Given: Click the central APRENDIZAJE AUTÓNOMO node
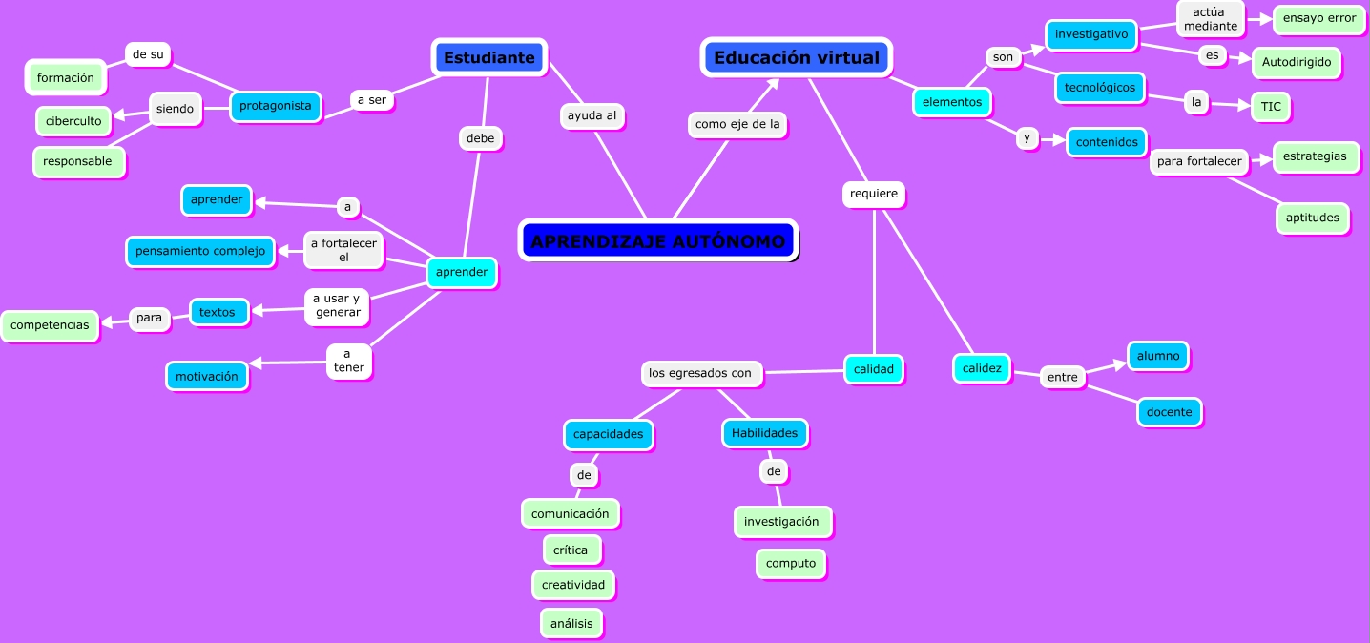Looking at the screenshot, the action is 658,240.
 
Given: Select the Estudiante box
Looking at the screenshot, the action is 489,57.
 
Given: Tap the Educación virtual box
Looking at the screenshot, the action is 797,57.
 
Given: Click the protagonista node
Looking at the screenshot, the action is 275,106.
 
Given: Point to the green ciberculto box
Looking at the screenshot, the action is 73,121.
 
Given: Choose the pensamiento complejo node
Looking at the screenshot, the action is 200,252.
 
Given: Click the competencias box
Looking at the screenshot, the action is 50,325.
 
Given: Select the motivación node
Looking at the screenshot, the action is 207,376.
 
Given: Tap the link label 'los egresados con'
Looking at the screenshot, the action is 700,373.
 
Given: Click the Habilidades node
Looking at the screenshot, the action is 764,433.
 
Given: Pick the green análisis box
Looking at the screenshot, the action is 571,623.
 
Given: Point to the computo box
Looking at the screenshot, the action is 791,564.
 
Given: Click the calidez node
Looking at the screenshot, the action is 982,368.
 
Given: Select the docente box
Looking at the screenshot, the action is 1170,412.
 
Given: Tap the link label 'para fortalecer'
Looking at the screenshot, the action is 1199,161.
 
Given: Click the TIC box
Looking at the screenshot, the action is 1271,107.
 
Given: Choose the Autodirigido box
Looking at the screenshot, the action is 1297,62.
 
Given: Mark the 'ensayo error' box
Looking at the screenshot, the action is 1319,18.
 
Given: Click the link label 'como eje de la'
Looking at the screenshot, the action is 737,124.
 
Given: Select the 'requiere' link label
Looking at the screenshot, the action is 874,194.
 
